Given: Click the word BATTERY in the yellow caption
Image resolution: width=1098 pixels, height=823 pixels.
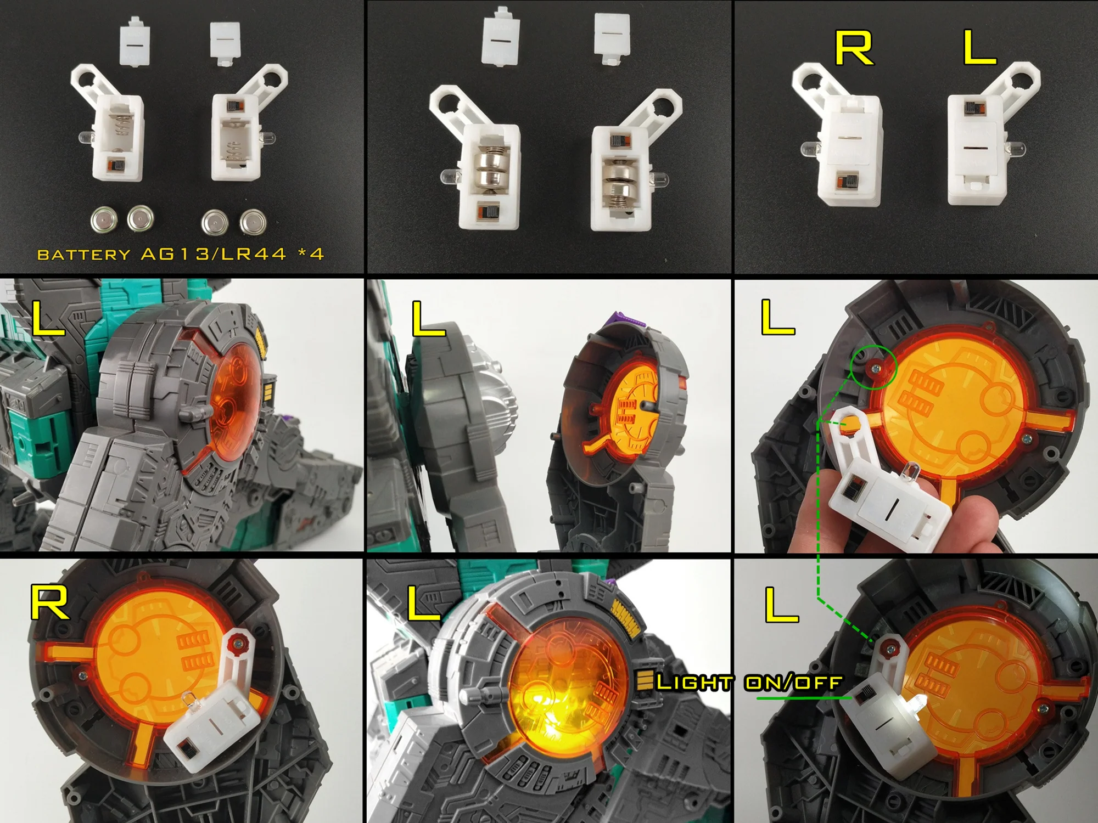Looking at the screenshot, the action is pyautogui.click(x=83, y=255).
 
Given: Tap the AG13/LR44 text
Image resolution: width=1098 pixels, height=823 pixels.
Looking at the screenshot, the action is pyautogui.click(x=214, y=254).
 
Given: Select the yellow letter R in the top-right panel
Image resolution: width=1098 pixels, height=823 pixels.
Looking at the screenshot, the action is pyautogui.click(x=854, y=48).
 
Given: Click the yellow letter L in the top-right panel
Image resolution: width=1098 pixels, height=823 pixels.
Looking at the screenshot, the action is pyautogui.click(x=980, y=48).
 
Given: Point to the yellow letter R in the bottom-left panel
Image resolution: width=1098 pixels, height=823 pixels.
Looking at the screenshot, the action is pyautogui.click(x=50, y=602).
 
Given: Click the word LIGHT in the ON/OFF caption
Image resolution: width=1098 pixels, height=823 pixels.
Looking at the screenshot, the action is pyautogui.click(x=694, y=683).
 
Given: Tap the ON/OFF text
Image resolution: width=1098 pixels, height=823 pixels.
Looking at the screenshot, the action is pyautogui.click(x=793, y=683).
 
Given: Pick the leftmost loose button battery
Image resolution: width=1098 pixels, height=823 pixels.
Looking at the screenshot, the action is pyautogui.click(x=104, y=220).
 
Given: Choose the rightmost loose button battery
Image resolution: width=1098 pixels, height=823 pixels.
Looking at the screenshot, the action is pyautogui.click(x=253, y=222).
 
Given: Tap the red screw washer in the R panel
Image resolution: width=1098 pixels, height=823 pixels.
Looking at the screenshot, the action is pyautogui.click(x=238, y=640).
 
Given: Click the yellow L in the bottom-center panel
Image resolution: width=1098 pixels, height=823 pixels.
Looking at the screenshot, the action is pyautogui.click(x=423, y=603).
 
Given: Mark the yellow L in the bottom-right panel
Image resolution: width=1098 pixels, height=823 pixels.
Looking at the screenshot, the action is pyautogui.click(x=781, y=605).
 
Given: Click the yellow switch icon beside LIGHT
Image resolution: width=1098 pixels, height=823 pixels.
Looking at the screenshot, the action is pyautogui.click(x=643, y=680).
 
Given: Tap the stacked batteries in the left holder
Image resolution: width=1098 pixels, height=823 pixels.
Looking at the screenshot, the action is pyautogui.click(x=490, y=173).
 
